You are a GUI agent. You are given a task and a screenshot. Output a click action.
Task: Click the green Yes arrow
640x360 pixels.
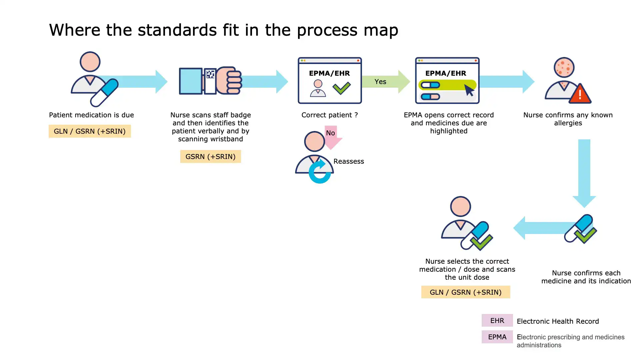point(385,82)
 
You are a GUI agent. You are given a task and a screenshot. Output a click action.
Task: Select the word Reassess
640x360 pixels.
point(349,161)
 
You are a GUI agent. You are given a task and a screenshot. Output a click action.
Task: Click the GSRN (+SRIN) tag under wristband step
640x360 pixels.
point(210,157)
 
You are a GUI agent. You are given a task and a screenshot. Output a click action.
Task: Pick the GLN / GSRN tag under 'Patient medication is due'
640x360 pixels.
point(90,131)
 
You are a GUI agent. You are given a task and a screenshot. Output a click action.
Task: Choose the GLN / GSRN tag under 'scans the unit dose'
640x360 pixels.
point(465,292)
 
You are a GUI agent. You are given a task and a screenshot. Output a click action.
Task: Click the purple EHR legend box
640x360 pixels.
point(497,321)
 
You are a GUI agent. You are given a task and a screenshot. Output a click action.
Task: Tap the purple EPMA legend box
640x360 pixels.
point(497,337)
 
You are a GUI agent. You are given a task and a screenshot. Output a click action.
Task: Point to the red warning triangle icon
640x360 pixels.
point(580,94)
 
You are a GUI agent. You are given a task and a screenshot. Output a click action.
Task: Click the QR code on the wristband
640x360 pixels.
point(210,74)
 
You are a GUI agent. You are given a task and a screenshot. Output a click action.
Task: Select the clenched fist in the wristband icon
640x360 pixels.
point(229,81)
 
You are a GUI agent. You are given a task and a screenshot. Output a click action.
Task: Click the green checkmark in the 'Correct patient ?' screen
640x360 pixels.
point(342,88)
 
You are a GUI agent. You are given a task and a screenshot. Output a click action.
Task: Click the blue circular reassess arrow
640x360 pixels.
point(320,172)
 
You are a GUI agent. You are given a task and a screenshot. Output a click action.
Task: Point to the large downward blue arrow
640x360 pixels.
point(584,172)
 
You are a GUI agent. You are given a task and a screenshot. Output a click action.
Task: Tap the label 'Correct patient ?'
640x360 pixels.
point(329,115)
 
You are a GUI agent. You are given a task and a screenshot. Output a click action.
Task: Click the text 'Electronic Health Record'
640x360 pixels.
point(558,321)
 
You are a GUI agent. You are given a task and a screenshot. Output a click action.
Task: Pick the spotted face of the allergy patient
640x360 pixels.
point(564,67)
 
